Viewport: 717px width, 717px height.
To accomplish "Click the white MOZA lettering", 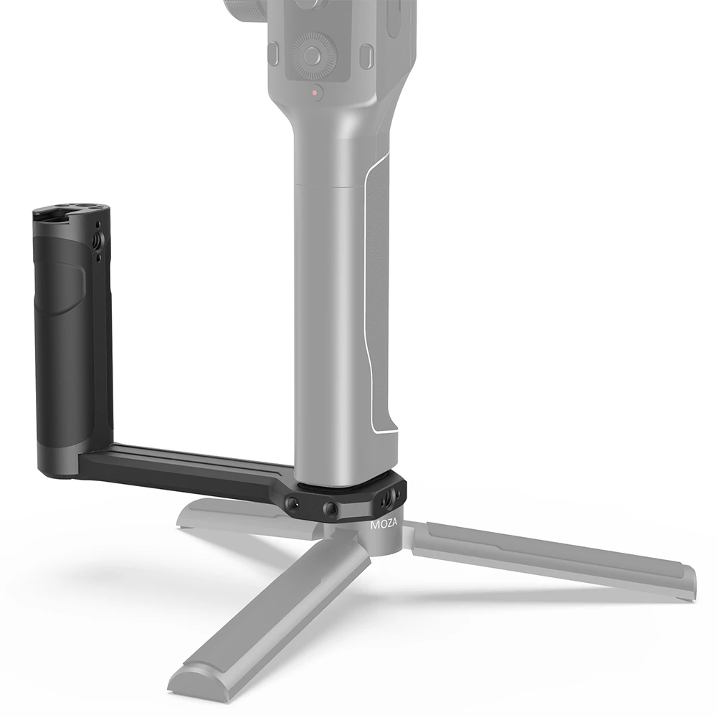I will [385, 525].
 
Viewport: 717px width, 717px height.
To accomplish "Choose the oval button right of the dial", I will [366, 55].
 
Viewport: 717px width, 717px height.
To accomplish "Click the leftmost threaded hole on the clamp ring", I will [295, 504].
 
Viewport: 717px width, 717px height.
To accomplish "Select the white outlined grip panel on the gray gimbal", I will [379, 301].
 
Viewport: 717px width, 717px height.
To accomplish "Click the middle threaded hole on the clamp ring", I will [331, 509].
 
